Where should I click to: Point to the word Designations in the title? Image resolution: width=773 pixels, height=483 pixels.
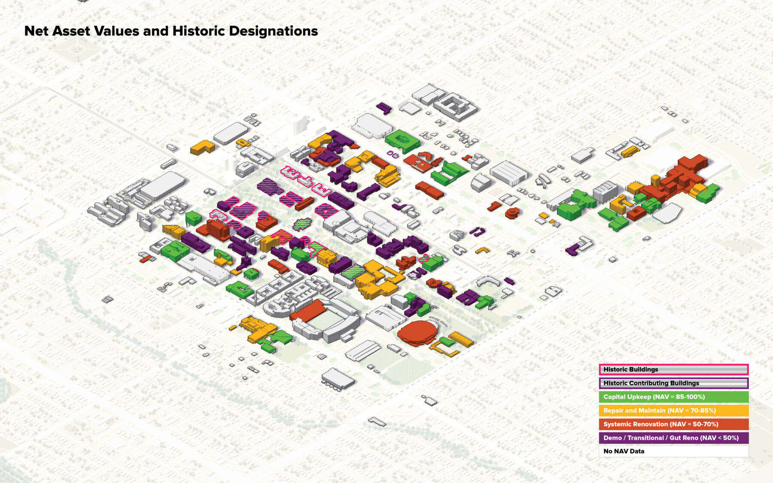273,31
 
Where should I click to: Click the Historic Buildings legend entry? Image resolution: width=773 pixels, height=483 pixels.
673,369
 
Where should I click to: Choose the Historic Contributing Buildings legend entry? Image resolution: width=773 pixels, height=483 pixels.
673,383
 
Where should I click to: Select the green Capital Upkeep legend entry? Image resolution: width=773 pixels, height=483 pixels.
673,397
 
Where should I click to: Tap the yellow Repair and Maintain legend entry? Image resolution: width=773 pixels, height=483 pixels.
673,410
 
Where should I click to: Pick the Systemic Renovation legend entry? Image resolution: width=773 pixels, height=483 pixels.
673,424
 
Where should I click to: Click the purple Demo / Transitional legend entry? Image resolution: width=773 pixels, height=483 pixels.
673,438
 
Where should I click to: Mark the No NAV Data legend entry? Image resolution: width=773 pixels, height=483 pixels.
673,451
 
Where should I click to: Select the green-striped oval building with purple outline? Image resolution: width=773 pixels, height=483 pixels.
302,224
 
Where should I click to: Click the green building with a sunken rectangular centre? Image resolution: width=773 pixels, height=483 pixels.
402,140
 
